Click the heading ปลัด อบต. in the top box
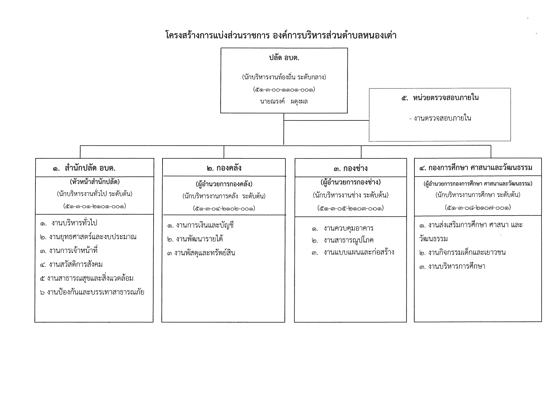click(x=284, y=58)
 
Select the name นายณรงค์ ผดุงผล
click(x=284, y=102)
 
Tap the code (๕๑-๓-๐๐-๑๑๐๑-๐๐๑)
click(x=284, y=89)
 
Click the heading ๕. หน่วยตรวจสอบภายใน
click(x=440, y=98)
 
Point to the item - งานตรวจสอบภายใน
click(x=440, y=118)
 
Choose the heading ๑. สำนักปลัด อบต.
click(x=84, y=168)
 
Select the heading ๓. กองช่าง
click(x=351, y=168)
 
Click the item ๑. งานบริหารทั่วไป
click(x=69, y=223)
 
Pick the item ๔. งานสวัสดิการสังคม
click(x=72, y=264)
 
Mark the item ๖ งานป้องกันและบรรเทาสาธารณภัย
click(x=92, y=292)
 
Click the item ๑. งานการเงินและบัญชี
click(x=201, y=225)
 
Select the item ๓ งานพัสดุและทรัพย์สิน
click(x=201, y=253)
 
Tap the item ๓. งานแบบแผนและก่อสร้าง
click(x=353, y=252)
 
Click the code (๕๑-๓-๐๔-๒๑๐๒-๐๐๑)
click(x=224, y=209)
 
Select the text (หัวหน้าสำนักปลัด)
click(x=95, y=182)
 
